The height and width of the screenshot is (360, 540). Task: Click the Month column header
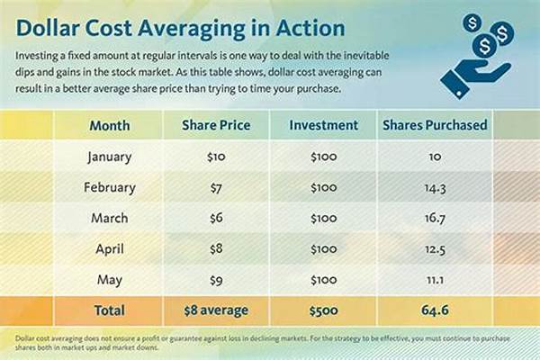pyautogui.click(x=109, y=126)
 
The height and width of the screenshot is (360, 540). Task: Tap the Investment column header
pyautogui.click(x=324, y=126)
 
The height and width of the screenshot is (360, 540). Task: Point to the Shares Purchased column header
pyautogui.click(x=435, y=126)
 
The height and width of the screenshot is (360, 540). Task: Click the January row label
pyautogui.click(x=110, y=157)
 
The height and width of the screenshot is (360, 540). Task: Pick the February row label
pyautogui.click(x=110, y=187)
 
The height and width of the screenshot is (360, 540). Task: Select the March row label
pyautogui.click(x=110, y=218)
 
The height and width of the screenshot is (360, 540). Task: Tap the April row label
pyautogui.click(x=110, y=248)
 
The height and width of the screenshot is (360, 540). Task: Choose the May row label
pyautogui.click(x=110, y=279)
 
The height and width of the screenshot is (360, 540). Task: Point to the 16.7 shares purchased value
pyautogui.click(x=435, y=218)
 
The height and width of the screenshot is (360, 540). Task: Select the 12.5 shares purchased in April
pyautogui.click(x=435, y=248)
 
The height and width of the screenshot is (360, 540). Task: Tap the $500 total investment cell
pyautogui.click(x=324, y=312)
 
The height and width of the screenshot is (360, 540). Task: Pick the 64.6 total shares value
pyautogui.click(x=435, y=312)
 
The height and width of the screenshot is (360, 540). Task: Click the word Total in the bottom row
pyautogui.click(x=110, y=312)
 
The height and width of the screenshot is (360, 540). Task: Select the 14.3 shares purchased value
pyautogui.click(x=435, y=187)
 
